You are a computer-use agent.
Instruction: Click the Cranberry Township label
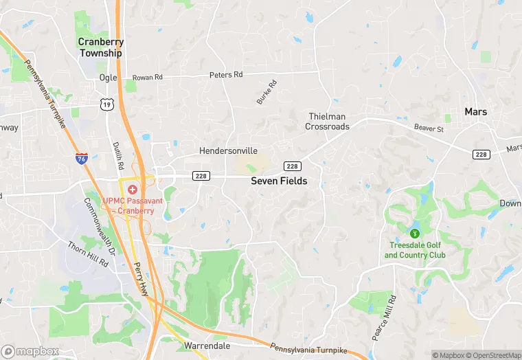(x=100, y=47)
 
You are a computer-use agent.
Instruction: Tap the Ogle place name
(x=108, y=78)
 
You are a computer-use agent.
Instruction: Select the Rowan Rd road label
(x=146, y=78)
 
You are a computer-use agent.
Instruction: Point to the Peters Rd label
(x=227, y=74)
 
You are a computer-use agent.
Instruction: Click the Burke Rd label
(x=266, y=93)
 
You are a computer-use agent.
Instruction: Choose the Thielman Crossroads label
(x=328, y=122)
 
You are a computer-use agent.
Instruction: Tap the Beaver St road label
(x=429, y=128)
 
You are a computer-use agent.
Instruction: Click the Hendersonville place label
(x=229, y=150)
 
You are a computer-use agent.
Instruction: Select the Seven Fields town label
(x=279, y=181)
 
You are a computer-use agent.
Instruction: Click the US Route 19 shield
(x=106, y=104)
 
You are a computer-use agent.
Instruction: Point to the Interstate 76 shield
(x=82, y=159)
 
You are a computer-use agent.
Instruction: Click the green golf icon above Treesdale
(x=414, y=234)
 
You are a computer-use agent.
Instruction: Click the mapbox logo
(x=31, y=351)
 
